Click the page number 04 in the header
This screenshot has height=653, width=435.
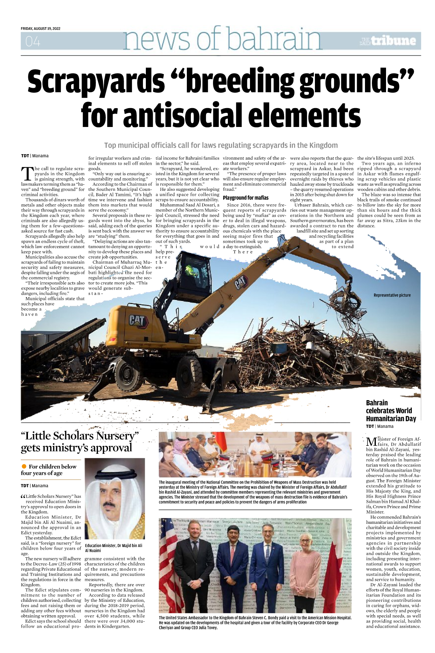[33, 42]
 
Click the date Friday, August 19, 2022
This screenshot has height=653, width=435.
[41, 28]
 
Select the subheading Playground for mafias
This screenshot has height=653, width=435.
[246, 198]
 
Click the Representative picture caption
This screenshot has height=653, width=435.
[392, 295]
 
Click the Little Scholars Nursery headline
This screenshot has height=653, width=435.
[79, 442]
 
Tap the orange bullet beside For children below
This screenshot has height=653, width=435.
[24, 466]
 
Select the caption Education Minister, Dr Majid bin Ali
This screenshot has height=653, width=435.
[114, 548]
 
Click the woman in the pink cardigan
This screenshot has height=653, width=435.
[306, 570]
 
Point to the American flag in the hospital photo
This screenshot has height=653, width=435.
[167, 555]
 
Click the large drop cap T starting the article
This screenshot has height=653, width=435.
[27, 173]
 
